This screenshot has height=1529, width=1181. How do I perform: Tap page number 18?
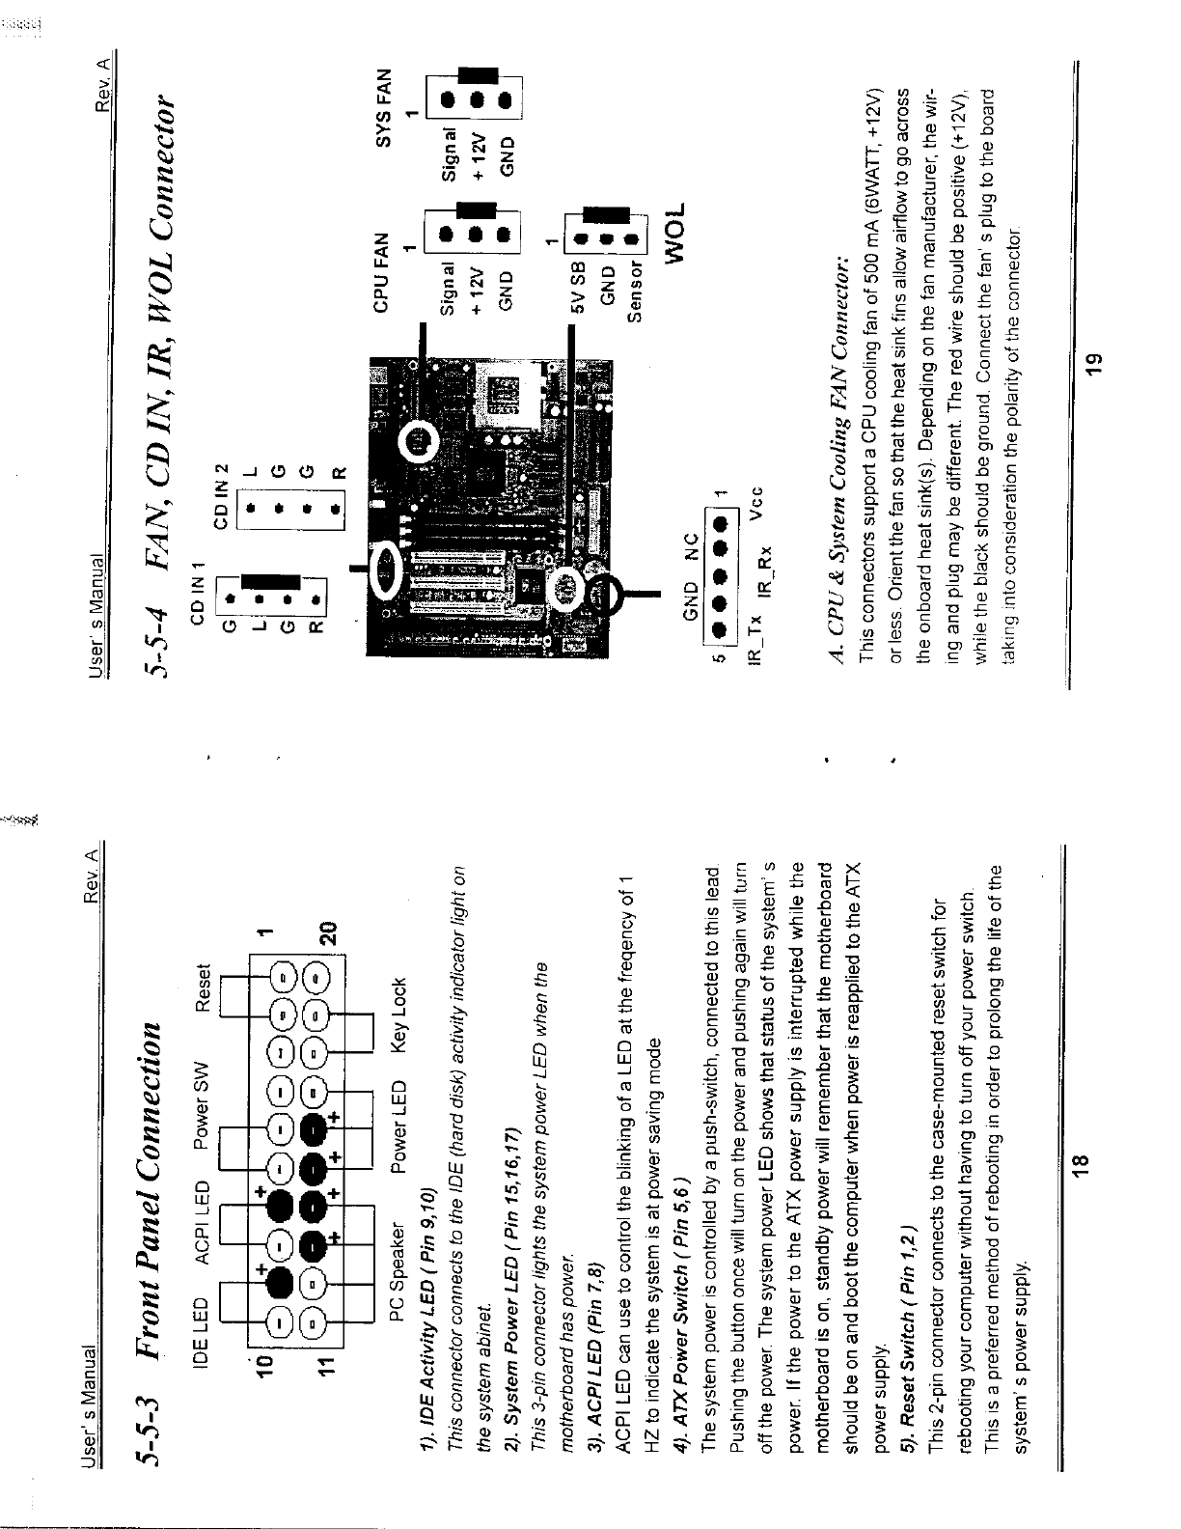click(x=1080, y=1169)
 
